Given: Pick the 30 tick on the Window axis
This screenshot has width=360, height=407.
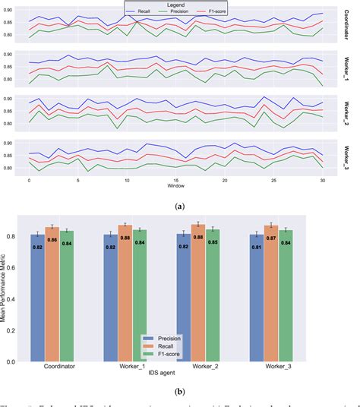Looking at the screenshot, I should (x=322, y=178).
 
